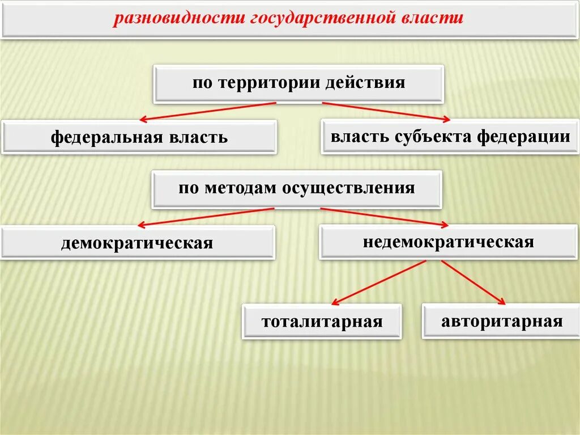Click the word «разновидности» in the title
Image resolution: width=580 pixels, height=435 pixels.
(178, 18)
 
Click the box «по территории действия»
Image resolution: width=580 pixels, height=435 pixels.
(298, 83)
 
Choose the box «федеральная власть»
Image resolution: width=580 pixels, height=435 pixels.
(139, 137)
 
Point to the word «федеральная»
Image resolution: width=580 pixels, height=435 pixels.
(107, 137)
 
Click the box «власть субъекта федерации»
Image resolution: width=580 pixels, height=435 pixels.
(450, 136)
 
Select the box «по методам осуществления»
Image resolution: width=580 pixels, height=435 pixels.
(296, 188)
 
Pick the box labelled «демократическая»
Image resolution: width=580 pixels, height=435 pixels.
(138, 243)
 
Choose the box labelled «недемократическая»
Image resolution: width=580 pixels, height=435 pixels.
(448, 242)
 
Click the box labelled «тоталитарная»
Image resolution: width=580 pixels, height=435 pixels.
(322, 322)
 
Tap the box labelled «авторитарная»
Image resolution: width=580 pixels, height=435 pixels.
(501, 321)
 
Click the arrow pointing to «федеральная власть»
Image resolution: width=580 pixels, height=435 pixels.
(207, 112)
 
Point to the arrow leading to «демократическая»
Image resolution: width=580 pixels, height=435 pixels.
(206, 217)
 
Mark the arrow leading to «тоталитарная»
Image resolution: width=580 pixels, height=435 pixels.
(378, 282)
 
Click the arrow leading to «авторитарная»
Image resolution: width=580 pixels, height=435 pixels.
(473, 282)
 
